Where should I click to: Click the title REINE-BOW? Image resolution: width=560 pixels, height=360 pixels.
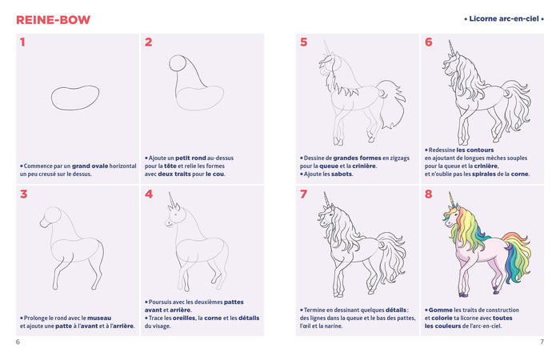[x=53, y=19]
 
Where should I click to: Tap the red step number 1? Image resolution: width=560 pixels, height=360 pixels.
[x=23, y=43]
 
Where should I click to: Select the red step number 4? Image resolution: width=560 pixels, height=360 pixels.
[x=149, y=194]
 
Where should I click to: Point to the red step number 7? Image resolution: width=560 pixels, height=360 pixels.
[x=303, y=194]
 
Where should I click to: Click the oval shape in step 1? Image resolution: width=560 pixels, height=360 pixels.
[x=75, y=96]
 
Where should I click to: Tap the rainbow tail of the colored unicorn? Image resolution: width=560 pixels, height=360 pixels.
[x=518, y=252]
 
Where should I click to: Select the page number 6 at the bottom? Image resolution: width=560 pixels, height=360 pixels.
[x=18, y=342]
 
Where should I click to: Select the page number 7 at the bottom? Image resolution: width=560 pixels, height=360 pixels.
[x=542, y=342]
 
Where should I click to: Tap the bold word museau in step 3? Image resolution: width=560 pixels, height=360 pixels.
[x=99, y=317]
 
